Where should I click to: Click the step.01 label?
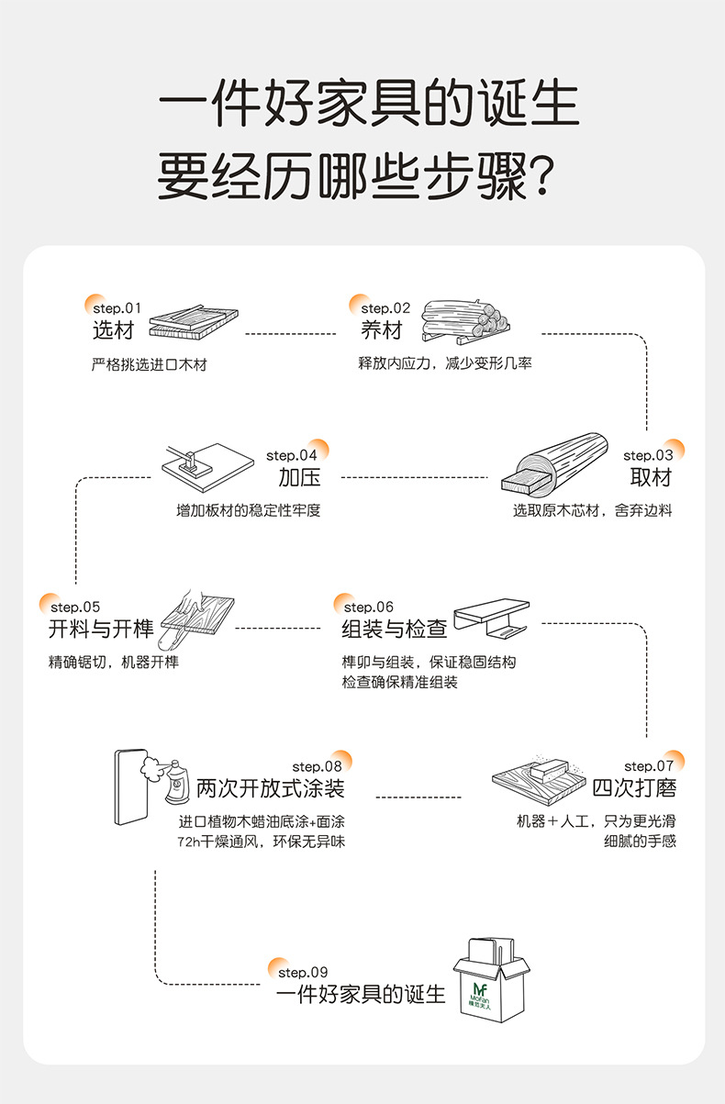pos(117,308)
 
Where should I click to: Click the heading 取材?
pos(651,477)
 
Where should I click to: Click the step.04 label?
pos(292,455)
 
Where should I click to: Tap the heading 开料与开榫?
pos(101,630)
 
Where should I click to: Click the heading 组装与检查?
pos(395,630)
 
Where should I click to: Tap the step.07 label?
pos(649,766)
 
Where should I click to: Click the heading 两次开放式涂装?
pos(271,788)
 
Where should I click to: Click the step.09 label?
pos(303,972)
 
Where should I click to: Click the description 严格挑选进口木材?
pos(150,364)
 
